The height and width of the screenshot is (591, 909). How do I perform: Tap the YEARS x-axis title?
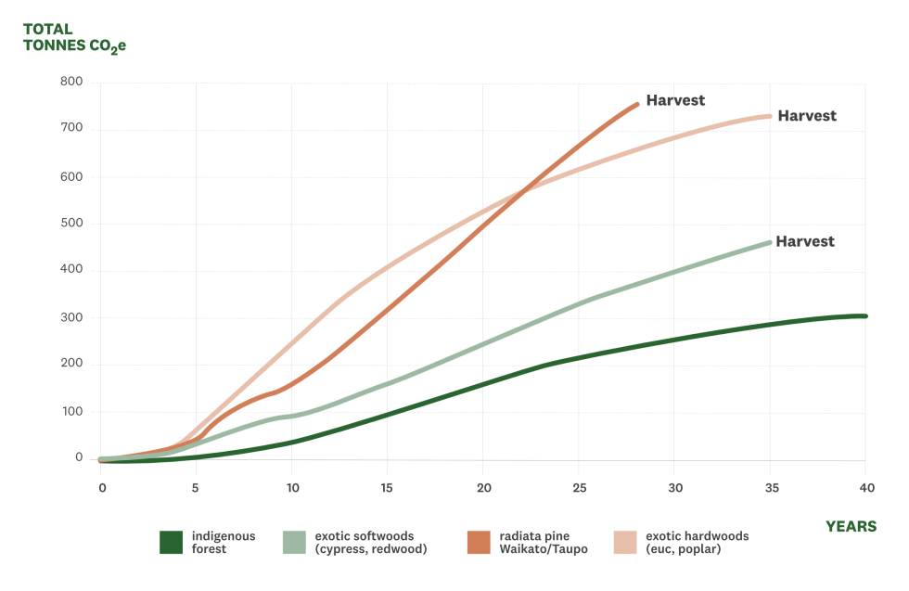tap(851, 526)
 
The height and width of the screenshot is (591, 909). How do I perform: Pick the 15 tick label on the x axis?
tap(387, 487)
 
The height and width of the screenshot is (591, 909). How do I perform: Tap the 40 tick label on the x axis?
tap(865, 487)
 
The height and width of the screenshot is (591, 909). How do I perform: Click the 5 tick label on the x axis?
tap(196, 487)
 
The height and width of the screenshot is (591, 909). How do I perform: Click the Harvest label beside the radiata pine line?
tap(675, 100)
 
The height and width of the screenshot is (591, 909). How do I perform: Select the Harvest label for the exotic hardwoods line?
tap(806, 116)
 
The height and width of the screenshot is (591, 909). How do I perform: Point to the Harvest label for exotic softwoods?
tap(805, 240)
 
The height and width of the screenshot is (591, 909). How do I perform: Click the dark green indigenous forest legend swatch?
tap(170, 542)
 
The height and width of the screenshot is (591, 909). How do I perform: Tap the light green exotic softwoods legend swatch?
tap(294, 542)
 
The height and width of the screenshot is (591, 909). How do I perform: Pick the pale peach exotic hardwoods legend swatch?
tap(626, 542)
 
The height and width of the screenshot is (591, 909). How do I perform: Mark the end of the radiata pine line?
tap(637, 103)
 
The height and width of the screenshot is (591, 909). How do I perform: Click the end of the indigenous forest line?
tap(864, 316)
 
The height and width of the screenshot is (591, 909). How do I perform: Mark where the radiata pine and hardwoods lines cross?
tap(524, 193)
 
